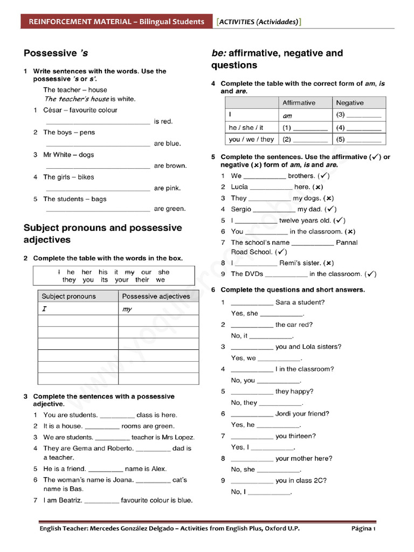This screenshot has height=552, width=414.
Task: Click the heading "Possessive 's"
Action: pyautogui.click(x=56, y=53)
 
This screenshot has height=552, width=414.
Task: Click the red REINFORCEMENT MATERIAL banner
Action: pyautogui.click(x=116, y=22)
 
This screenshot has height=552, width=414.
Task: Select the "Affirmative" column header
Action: pyautogui.click(x=299, y=103)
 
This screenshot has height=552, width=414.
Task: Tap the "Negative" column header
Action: pyautogui.click(x=350, y=103)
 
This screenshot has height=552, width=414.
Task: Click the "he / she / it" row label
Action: pyautogui.click(x=246, y=128)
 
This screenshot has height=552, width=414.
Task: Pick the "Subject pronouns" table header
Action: pyautogui.click(x=68, y=296)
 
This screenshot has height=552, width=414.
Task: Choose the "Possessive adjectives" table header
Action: pyautogui.click(x=156, y=296)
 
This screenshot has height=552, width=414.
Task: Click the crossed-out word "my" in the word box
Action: pyautogui.click(x=129, y=272)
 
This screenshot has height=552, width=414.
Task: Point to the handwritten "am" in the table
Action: pyautogui.click(x=287, y=116)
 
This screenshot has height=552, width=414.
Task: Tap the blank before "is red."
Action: pyautogui.click(x=98, y=122)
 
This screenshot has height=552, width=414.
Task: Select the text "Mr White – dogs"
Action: pyautogui.click(x=68, y=155)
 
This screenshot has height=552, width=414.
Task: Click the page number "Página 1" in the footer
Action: pyautogui.click(x=363, y=529)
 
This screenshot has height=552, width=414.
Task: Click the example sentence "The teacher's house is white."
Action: pyautogui.click(x=89, y=99)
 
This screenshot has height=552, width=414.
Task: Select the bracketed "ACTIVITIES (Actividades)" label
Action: pyautogui.click(x=258, y=22)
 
